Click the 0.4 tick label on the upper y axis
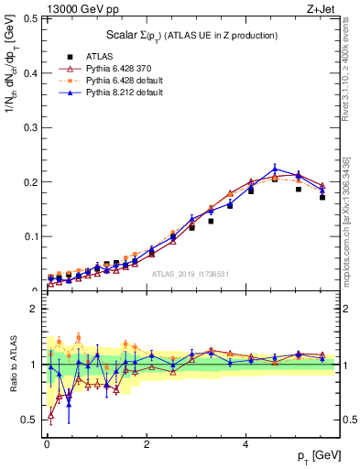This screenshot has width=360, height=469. pos(29,73)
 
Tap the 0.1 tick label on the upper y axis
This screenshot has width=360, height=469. pos(29,236)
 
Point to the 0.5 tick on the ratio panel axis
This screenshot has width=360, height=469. pos(29,420)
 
